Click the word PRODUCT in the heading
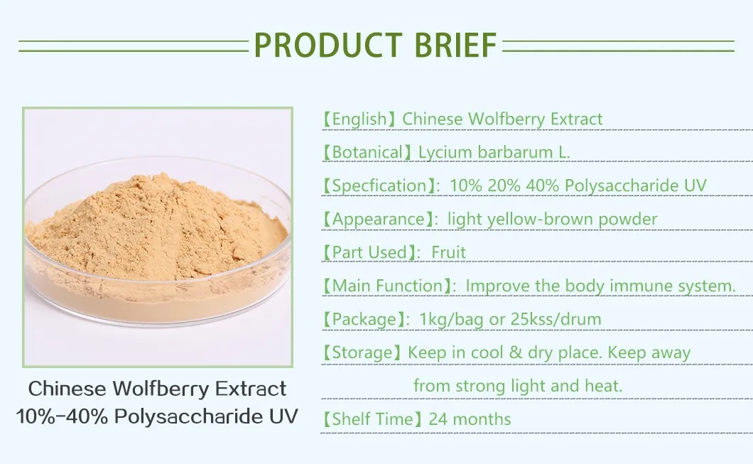click(324, 45)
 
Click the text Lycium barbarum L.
click(494, 152)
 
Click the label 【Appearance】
click(379, 220)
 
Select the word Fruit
click(449, 252)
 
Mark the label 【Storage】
click(363, 353)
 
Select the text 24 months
click(470, 419)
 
